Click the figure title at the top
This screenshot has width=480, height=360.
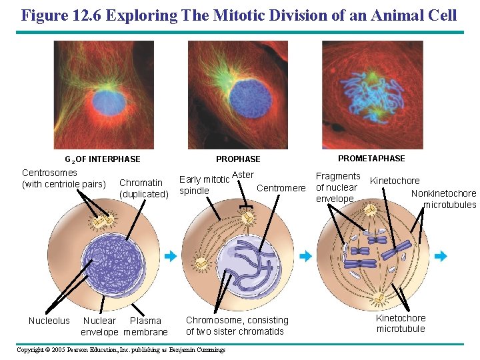click(239, 15)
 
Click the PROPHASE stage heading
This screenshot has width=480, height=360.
click(238, 159)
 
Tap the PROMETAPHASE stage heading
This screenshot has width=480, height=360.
click(371, 159)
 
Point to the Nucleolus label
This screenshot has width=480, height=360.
click(49, 321)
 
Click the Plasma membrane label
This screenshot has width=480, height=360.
click(145, 326)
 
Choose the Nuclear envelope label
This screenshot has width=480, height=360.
click(99, 326)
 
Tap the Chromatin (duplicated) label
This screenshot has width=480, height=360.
click(143, 188)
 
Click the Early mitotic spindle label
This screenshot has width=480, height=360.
click(204, 185)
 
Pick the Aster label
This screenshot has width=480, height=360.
click(243, 175)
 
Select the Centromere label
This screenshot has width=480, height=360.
click(281, 188)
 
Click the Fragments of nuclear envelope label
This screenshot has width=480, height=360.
click(337, 187)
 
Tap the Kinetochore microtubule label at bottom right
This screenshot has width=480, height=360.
click(401, 323)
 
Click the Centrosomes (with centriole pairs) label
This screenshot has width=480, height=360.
click(64, 179)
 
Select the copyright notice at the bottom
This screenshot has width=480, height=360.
click(121, 350)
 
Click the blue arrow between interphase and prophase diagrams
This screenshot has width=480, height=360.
click(170, 256)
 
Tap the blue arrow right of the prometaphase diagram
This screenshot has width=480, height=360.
click(441, 256)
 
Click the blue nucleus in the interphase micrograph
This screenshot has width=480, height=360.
click(108, 102)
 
